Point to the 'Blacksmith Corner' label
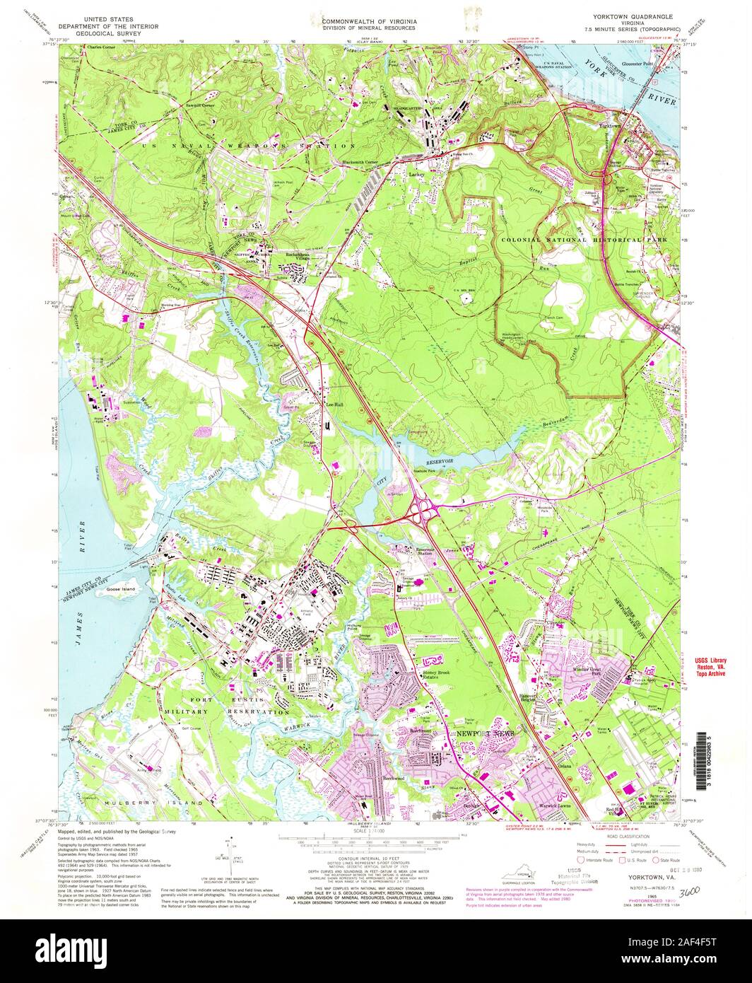365,162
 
